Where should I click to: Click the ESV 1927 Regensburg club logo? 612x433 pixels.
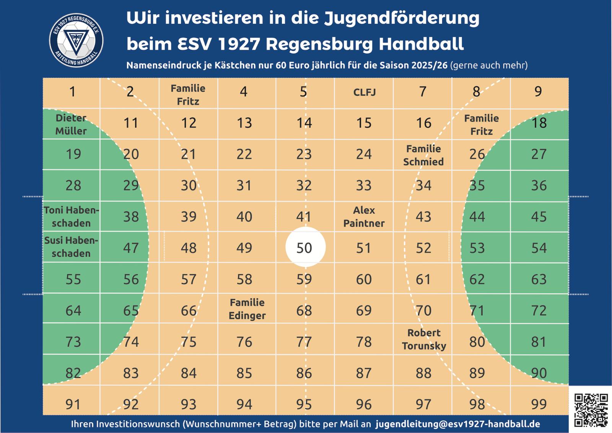click(76, 40)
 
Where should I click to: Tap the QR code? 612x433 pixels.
click(591, 410)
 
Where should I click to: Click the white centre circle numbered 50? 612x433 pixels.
click(305, 247)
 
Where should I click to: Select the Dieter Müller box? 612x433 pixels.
click(71, 124)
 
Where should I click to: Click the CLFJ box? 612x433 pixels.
click(364, 93)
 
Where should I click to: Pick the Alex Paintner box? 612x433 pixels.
click(364, 217)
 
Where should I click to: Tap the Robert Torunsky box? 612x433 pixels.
click(424, 339)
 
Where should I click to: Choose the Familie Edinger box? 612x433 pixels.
click(247, 309)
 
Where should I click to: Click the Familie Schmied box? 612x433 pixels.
click(423, 155)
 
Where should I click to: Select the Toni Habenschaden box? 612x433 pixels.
click(71, 217)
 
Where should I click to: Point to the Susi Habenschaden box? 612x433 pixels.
click(71, 247)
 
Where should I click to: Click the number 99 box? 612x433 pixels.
click(539, 404)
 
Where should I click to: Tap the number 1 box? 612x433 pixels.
click(72, 92)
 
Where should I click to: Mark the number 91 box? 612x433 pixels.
click(73, 404)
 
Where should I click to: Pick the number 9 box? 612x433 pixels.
click(538, 92)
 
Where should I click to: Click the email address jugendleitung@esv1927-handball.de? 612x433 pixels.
click(457, 424)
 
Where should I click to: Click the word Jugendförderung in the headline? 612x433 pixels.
click(402, 18)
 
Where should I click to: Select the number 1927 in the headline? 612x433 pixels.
click(239, 44)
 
